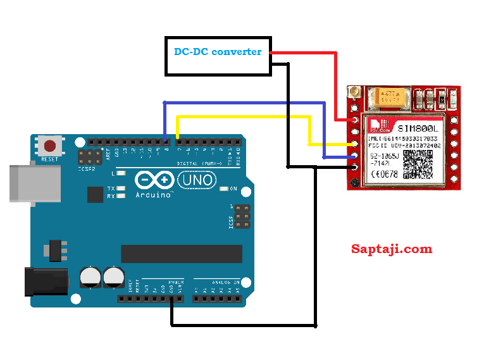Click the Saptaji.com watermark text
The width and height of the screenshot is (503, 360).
[392, 249]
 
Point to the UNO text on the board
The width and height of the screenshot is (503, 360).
[197, 182]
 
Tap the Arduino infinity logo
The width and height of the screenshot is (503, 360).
[155, 181]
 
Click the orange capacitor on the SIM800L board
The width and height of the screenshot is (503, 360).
[388, 97]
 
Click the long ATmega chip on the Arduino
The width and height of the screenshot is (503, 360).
[182, 254]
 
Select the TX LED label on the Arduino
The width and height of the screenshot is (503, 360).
[111, 189]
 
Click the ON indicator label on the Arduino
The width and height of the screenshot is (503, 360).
[233, 189]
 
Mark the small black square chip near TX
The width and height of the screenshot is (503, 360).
[95, 194]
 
